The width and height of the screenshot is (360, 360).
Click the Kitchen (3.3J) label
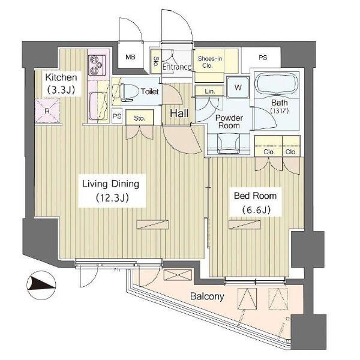(x=61, y=83)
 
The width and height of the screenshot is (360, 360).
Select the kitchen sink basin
(x=98, y=106)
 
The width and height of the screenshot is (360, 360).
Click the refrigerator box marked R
(x=47, y=110)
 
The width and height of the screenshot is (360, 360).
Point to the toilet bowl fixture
(x=126, y=92)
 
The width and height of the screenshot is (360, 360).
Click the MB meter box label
(x=130, y=57)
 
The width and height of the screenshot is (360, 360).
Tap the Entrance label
(x=177, y=67)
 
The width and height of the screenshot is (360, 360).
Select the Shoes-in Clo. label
(x=209, y=62)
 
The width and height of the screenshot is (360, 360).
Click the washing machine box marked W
(x=238, y=88)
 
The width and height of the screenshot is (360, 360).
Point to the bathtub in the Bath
(x=277, y=85)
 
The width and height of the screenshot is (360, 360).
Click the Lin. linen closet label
(x=209, y=91)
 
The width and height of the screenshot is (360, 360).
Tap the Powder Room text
(x=229, y=122)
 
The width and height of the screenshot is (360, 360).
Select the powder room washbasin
(x=229, y=143)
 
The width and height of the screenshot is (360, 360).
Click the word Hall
(x=179, y=113)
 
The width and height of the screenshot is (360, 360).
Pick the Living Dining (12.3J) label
(x=111, y=191)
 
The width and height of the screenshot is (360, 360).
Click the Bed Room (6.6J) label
(x=256, y=203)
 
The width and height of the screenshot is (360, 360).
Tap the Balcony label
(x=207, y=296)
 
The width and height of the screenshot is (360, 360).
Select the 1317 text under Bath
(x=280, y=110)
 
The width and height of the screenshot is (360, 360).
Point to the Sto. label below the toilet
(x=140, y=118)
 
